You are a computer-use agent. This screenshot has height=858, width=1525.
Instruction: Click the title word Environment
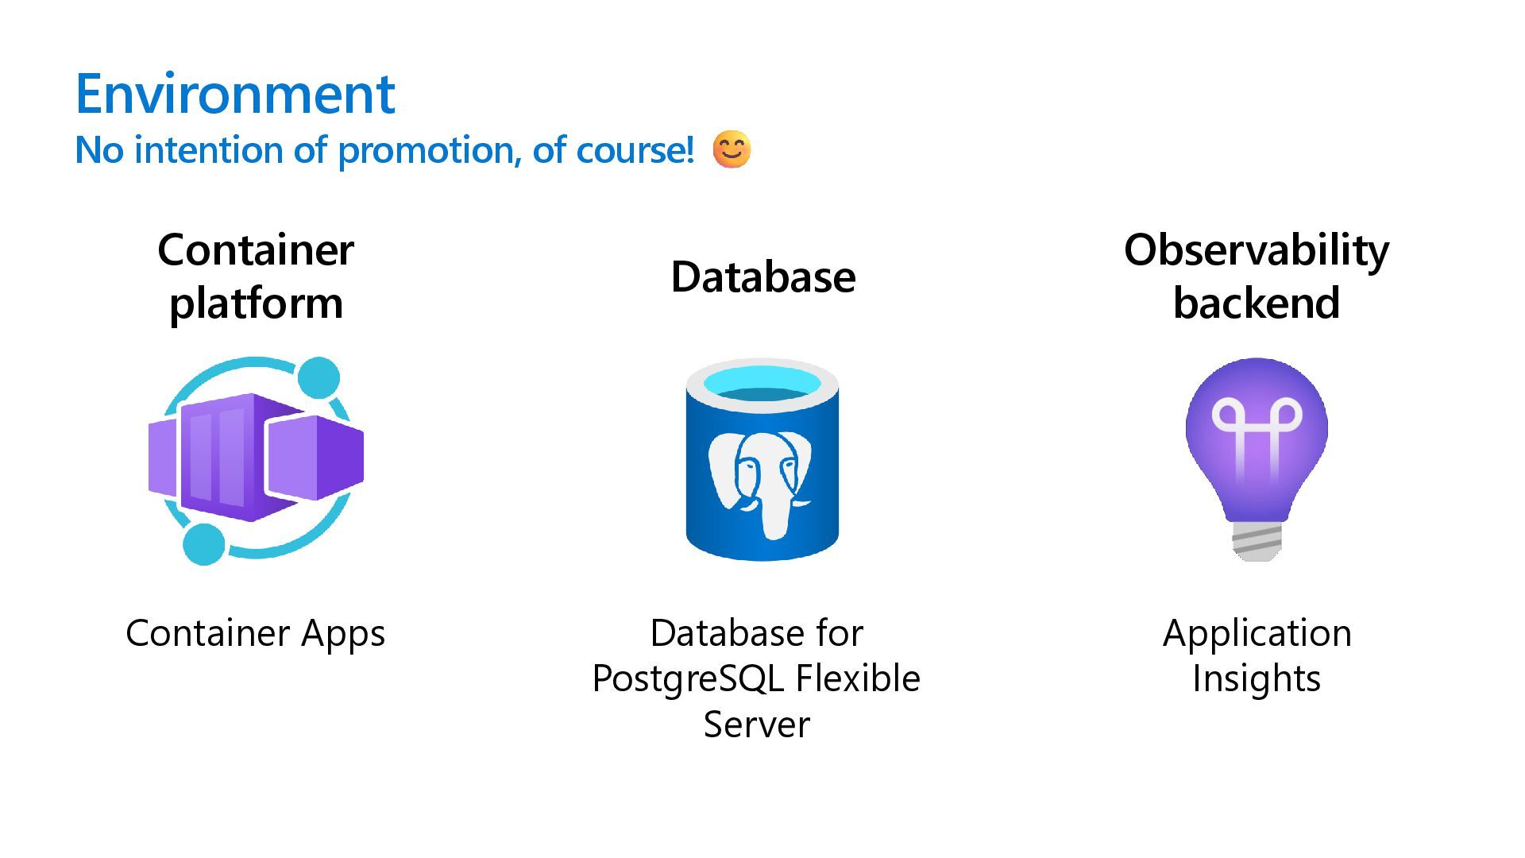tap(235, 94)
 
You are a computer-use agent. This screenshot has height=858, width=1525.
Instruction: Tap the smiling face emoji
tap(731, 149)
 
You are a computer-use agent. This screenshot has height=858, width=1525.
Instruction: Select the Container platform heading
tap(256, 276)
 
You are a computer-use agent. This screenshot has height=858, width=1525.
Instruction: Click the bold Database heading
tap(762, 276)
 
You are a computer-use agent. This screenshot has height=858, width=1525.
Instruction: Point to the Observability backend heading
tap(1257, 276)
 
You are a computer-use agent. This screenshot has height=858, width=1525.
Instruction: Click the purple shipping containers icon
tap(256, 457)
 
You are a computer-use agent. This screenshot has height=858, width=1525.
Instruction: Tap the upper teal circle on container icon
tap(319, 377)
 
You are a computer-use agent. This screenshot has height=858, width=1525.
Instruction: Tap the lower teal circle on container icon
tap(204, 544)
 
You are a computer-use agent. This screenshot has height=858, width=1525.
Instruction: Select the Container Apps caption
tap(255, 633)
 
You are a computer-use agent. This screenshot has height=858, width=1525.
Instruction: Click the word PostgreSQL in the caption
tap(688, 679)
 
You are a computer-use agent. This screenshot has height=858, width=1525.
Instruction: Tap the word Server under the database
tap(756, 725)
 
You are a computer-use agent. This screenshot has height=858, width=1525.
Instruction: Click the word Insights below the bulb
tap(1257, 679)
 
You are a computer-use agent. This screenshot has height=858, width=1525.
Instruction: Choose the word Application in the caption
tap(1257, 633)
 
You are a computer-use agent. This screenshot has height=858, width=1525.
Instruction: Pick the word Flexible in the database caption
tap(858, 678)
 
